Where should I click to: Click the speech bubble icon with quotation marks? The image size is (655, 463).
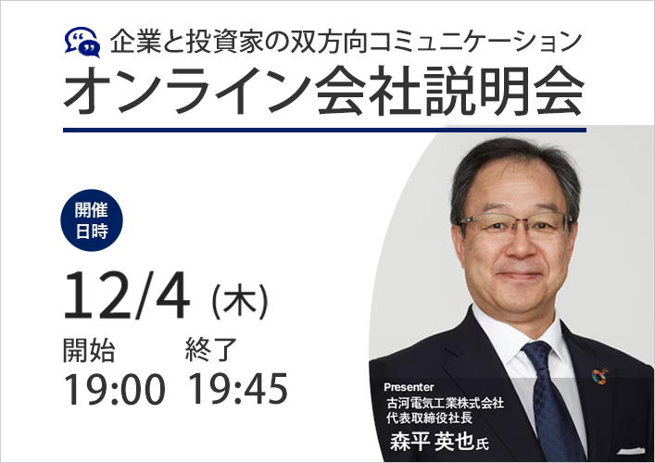[82, 43]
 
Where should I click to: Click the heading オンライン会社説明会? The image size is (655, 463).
[323, 91]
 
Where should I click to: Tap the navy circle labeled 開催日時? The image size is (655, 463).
[92, 220]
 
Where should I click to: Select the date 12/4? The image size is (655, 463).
[127, 295]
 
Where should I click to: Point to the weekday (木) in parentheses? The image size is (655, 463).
[240, 301]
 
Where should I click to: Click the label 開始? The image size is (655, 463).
[89, 350]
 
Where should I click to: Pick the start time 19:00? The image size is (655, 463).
[114, 389]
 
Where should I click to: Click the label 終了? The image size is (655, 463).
[211, 350]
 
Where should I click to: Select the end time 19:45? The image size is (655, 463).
[238, 389]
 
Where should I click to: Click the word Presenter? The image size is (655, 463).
[409, 387]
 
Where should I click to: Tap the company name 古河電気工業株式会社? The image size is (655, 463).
[445, 403]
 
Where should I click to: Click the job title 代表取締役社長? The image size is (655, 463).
[429, 418]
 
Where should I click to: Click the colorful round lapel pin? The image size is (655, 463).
[599, 376]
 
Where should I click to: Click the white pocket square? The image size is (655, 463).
[631, 451]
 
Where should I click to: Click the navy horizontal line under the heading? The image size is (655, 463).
[324, 131]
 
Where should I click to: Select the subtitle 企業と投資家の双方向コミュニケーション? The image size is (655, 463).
[346, 42]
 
